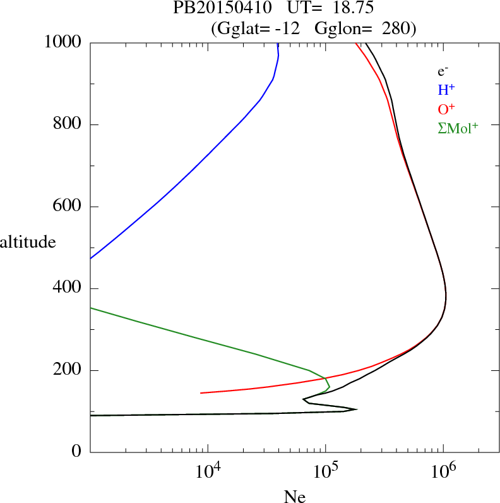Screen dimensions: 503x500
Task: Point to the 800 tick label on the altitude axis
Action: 68,124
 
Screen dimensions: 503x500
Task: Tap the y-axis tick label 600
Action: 68,207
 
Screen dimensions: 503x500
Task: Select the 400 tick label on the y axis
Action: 68,289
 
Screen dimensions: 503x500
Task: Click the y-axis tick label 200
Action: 68,370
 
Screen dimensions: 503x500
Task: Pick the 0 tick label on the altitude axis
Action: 77,452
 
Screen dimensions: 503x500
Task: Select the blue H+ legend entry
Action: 446,90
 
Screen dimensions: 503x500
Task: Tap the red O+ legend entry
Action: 446,109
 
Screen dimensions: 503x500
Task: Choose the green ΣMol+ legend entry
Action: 458,128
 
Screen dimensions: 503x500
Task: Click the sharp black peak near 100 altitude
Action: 356,409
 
